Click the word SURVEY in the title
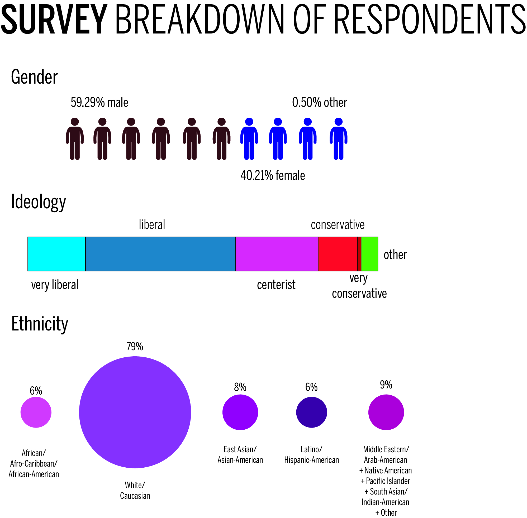coord(54,20)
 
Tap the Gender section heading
coord(34,77)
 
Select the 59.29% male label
coord(99,103)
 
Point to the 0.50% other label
coord(319,103)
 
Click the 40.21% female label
coord(273,175)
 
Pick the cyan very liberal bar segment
coord(57,254)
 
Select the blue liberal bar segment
coord(160,254)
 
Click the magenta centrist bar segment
coord(277,254)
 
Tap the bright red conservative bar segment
coord(338,254)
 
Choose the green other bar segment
coord(369,254)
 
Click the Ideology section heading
coord(38,202)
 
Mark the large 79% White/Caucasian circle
coord(135,413)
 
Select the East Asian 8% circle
coord(240,413)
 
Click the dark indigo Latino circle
coord(311,413)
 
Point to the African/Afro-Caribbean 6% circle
coord(36,413)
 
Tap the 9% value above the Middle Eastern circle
coord(386,385)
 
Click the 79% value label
coord(135,347)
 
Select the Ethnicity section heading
coord(40,324)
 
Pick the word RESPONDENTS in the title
coord(430,20)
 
